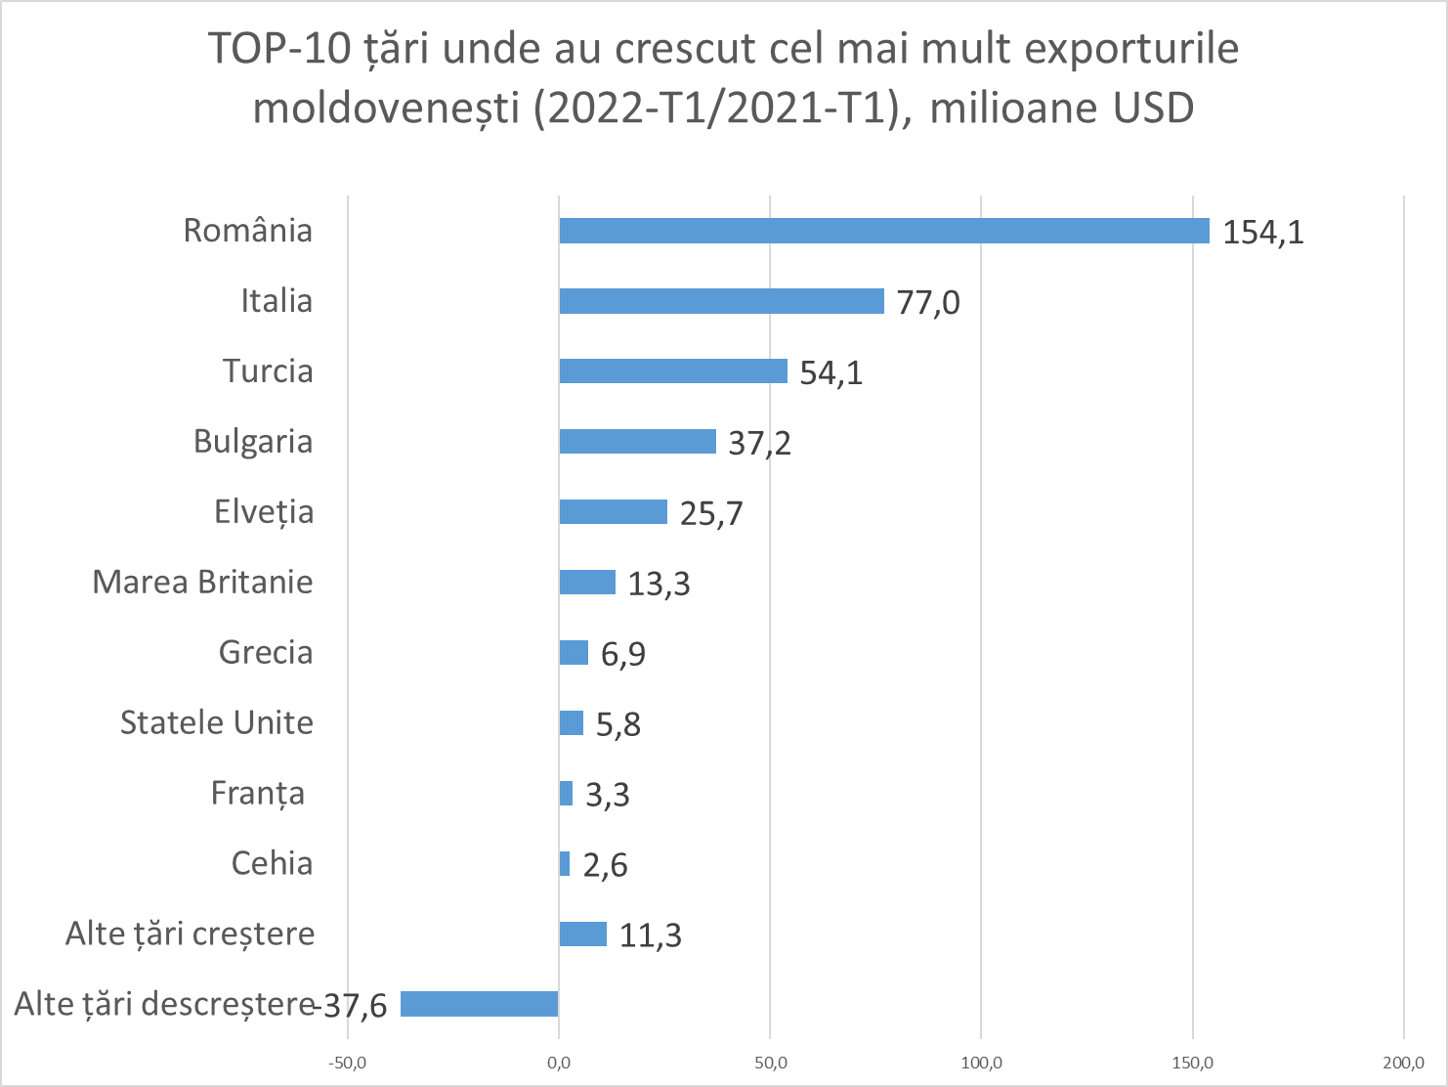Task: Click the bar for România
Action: [x=884, y=231]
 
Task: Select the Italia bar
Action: [x=721, y=301]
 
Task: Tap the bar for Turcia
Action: [x=673, y=371]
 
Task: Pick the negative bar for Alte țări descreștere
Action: [x=480, y=1004]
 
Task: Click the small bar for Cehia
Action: [x=565, y=864]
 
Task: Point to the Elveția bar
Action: [x=613, y=512]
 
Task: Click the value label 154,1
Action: [x=1263, y=233]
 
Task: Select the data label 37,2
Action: [x=759, y=444]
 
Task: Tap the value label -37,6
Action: [x=354, y=1005]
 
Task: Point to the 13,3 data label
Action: [x=659, y=585]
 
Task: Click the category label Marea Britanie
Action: [x=202, y=583]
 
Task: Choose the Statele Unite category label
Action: [x=217, y=723]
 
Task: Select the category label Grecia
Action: [x=266, y=653]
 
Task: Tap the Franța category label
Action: [x=258, y=794]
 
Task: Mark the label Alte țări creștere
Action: [x=190, y=935]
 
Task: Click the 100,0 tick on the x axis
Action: [x=981, y=1064]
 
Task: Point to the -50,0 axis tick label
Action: [x=347, y=1064]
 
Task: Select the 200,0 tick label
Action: [x=1403, y=1064]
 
